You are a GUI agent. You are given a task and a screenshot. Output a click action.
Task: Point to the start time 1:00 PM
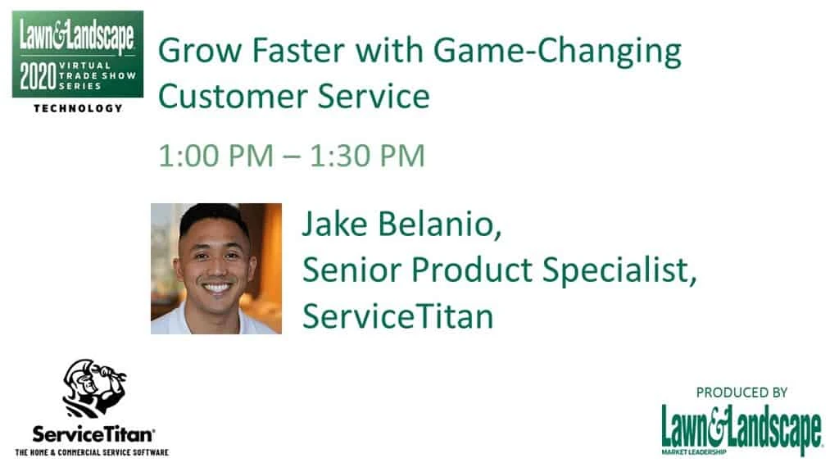[216, 157]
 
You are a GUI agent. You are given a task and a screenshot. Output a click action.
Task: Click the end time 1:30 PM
[368, 157]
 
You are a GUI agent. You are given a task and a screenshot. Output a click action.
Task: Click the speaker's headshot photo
[216, 269]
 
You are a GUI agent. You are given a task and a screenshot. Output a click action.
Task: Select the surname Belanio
[440, 224]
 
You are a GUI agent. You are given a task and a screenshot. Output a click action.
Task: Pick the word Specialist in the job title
[619, 270]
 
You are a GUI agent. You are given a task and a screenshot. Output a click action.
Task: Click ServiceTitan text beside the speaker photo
[397, 315]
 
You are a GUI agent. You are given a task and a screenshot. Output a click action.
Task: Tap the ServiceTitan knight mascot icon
[93, 388]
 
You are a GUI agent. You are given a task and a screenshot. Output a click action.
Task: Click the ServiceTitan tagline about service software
[92, 452]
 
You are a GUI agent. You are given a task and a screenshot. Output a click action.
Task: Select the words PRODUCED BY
[741, 393]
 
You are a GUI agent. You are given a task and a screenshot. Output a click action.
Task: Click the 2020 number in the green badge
[38, 76]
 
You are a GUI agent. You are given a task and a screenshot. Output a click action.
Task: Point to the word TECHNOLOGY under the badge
[78, 108]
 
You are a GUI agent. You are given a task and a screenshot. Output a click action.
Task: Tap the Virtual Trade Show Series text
[97, 75]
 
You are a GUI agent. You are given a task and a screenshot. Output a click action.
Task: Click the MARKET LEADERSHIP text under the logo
[694, 452]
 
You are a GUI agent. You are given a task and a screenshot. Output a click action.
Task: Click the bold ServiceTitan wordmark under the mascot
[93, 434]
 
